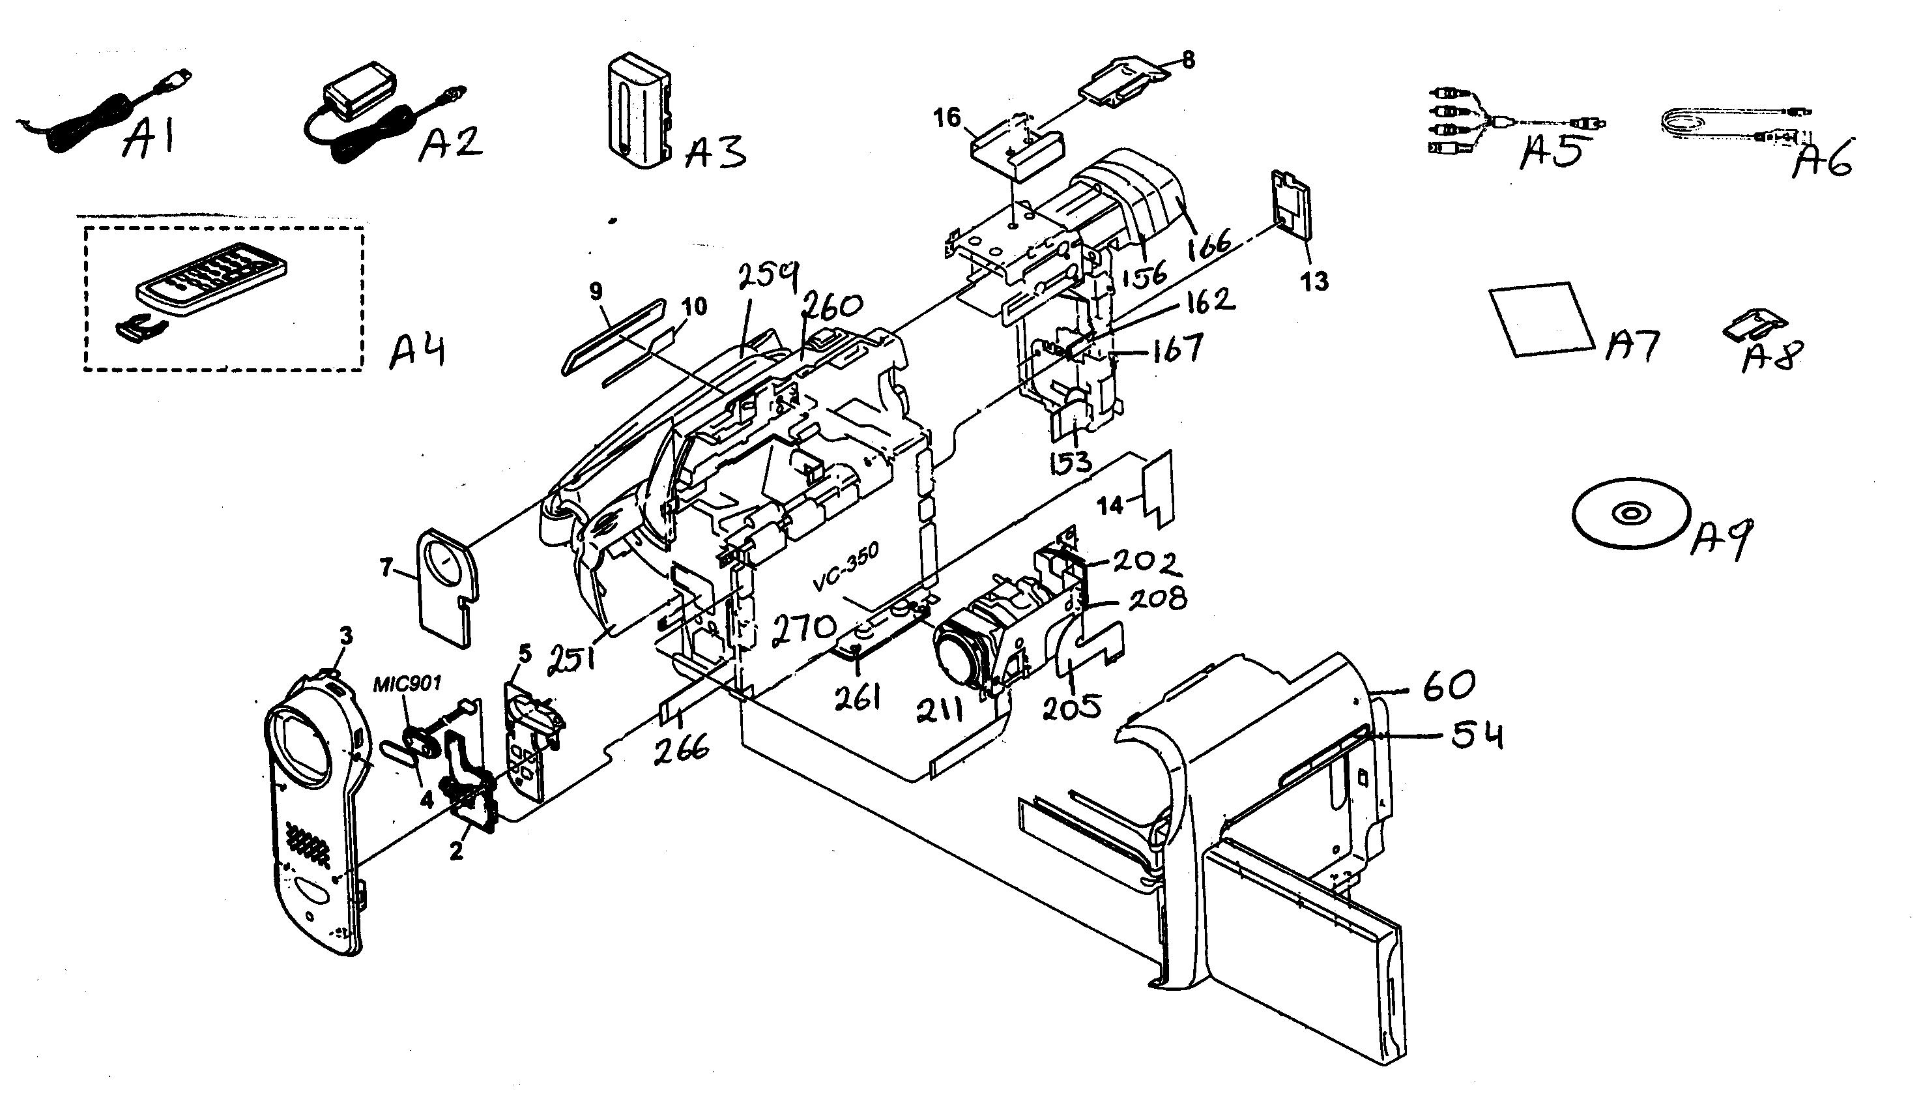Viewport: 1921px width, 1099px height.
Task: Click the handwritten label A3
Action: tap(715, 152)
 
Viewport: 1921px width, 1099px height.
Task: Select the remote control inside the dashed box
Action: tap(213, 287)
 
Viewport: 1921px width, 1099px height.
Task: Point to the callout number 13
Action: tap(1314, 282)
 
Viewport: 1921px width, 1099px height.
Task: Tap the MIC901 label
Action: tap(407, 684)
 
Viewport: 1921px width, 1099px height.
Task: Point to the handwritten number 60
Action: tap(1449, 685)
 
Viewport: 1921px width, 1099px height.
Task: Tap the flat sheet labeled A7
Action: tap(1540, 318)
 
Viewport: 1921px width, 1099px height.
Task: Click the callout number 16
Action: tap(947, 119)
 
